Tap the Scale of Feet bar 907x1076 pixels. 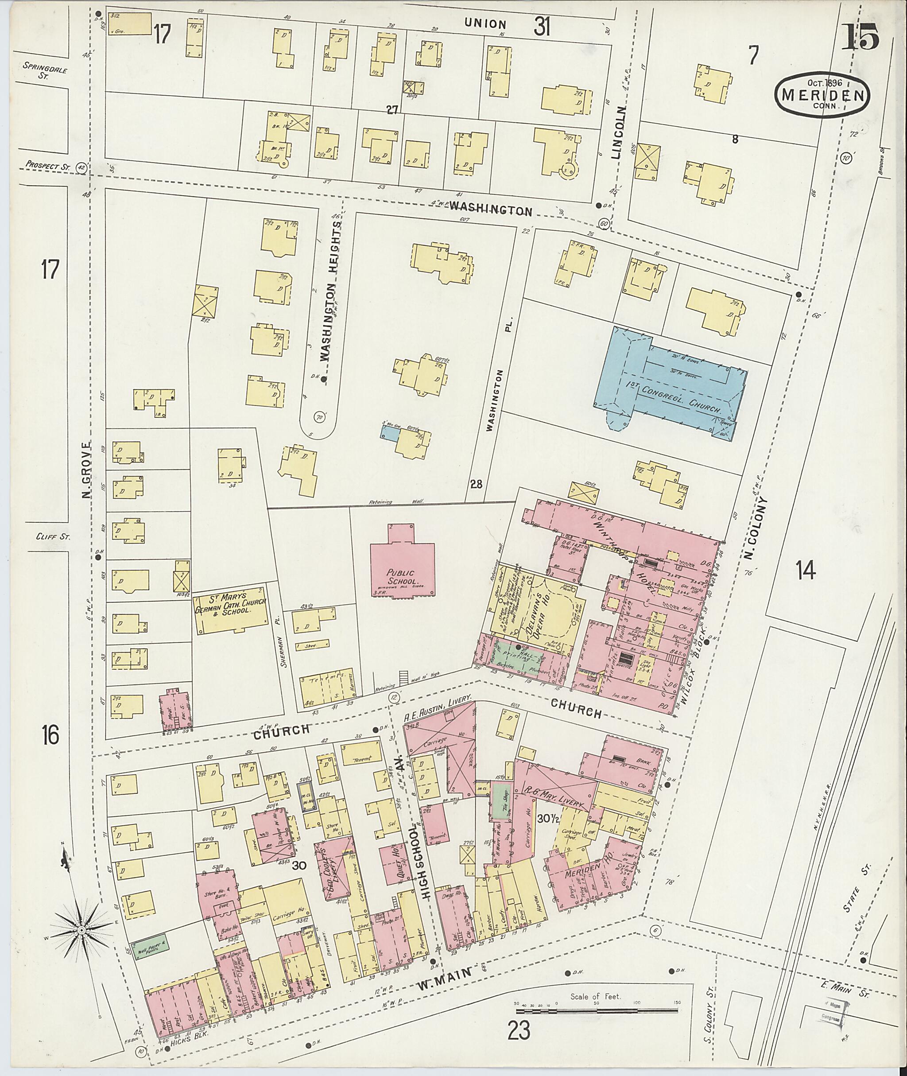[x=597, y=1003]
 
